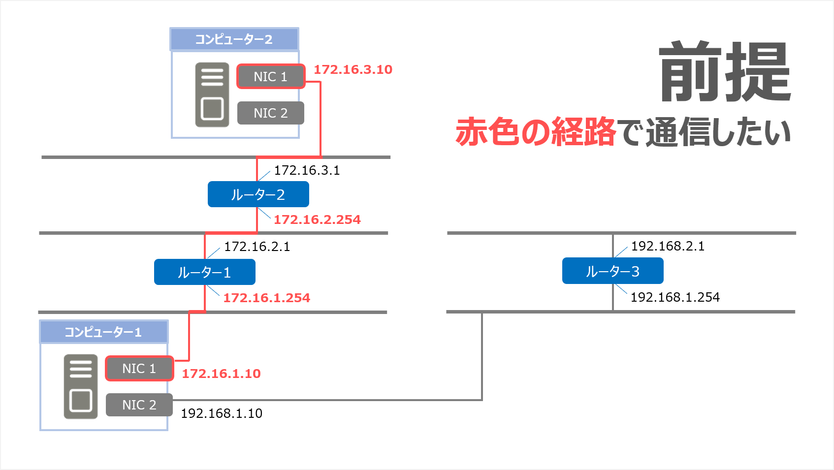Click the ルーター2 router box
tap(258, 194)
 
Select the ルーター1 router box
tap(204, 272)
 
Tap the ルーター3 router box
tap(612, 271)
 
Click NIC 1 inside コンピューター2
tap(270, 77)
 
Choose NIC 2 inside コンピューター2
tap(270, 113)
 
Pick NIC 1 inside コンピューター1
tap(139, 369)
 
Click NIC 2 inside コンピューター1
tap(139, 405)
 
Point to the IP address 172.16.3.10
tap(353, 69)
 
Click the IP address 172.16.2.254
tap(317, 219)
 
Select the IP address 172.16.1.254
tap(266, 298)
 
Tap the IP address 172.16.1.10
tap(221, 374)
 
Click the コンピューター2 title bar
tap(234, 39)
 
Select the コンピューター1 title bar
tap(103, 332)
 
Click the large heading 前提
tap(725, 72)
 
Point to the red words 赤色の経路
tap(536, 132)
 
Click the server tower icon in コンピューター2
tap(212, 95)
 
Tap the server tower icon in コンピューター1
tap(81, 387)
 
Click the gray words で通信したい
tap(705, 132)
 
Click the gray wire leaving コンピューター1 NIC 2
tap(325, 400)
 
